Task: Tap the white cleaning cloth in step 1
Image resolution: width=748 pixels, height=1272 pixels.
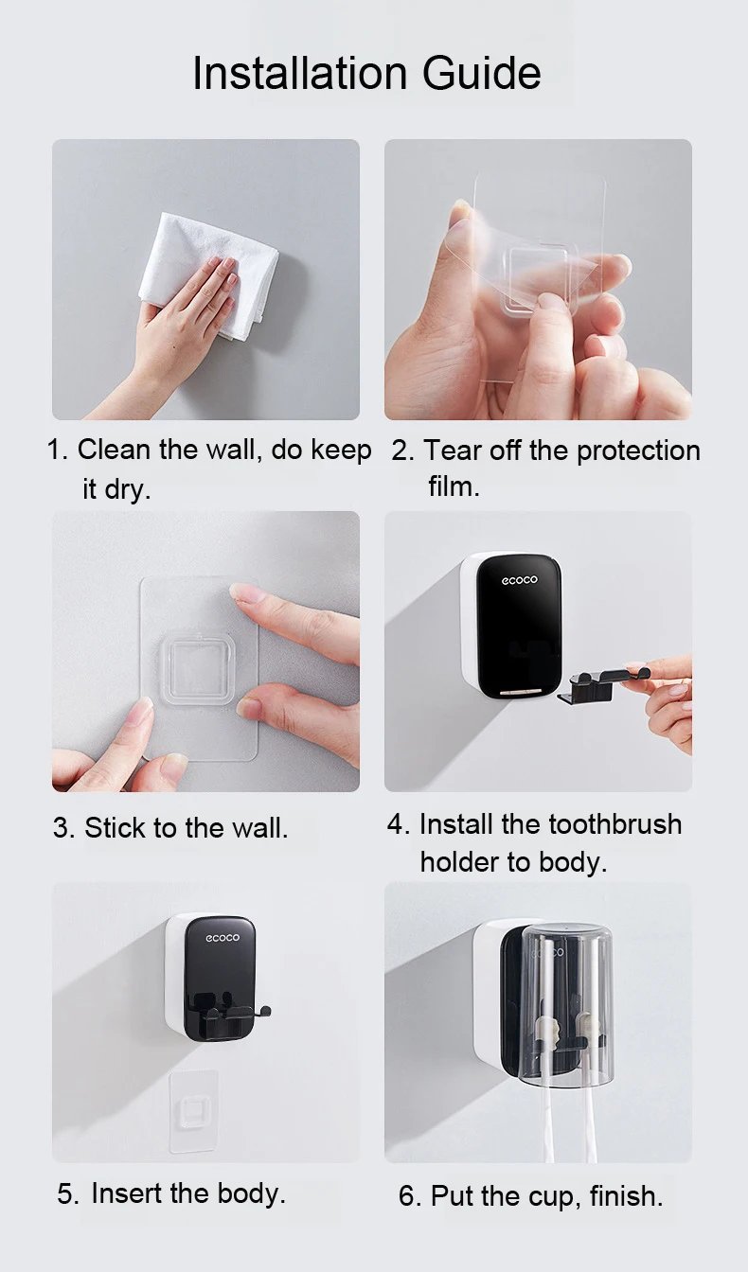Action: [208, 265]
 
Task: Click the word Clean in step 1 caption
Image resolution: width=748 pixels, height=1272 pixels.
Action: [115, 450]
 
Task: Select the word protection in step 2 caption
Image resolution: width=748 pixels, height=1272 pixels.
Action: [638, 450]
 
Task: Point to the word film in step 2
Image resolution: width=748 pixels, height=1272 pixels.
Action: [453, 487]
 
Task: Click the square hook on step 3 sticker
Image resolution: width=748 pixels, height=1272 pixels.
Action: [196, 670]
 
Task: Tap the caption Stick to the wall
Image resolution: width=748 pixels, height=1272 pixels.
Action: [186, 828]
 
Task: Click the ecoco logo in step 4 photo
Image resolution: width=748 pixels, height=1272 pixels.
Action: [519, 579]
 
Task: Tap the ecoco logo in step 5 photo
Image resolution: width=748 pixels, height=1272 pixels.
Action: [223, 938]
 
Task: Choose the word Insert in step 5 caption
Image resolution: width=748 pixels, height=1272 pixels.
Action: [127, 1193]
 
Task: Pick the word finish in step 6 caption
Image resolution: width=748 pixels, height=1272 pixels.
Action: [626, 1196]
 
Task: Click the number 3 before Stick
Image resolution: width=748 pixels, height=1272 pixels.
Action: [62, 828]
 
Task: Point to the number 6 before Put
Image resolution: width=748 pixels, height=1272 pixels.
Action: [407, 1196]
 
